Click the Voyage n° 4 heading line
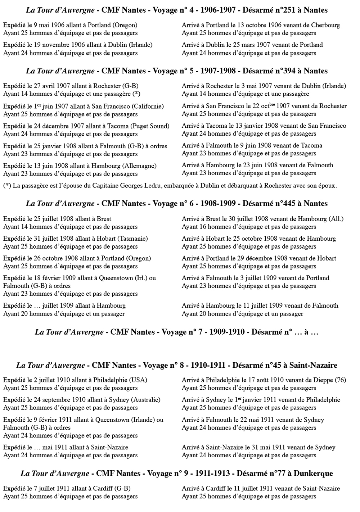pos(177,10)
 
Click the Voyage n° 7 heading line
pos(177,332)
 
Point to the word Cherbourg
pos(325,25)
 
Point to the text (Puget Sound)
pos(150,126)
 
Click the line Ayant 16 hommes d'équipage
pos(249,227)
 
